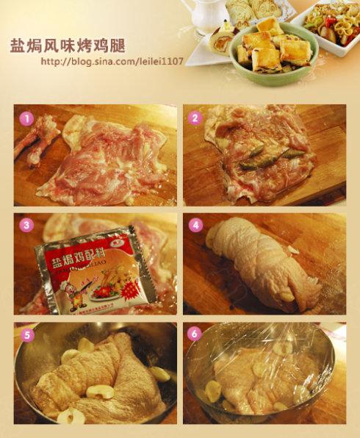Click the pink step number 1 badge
click(x=26, y=117)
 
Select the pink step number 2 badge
click(x=195, y=117)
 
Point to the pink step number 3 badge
click(x=26, y=226)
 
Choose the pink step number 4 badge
click(x=195, y=226)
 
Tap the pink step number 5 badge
click(x=26, y=334)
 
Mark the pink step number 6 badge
click(x=195, y=334)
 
